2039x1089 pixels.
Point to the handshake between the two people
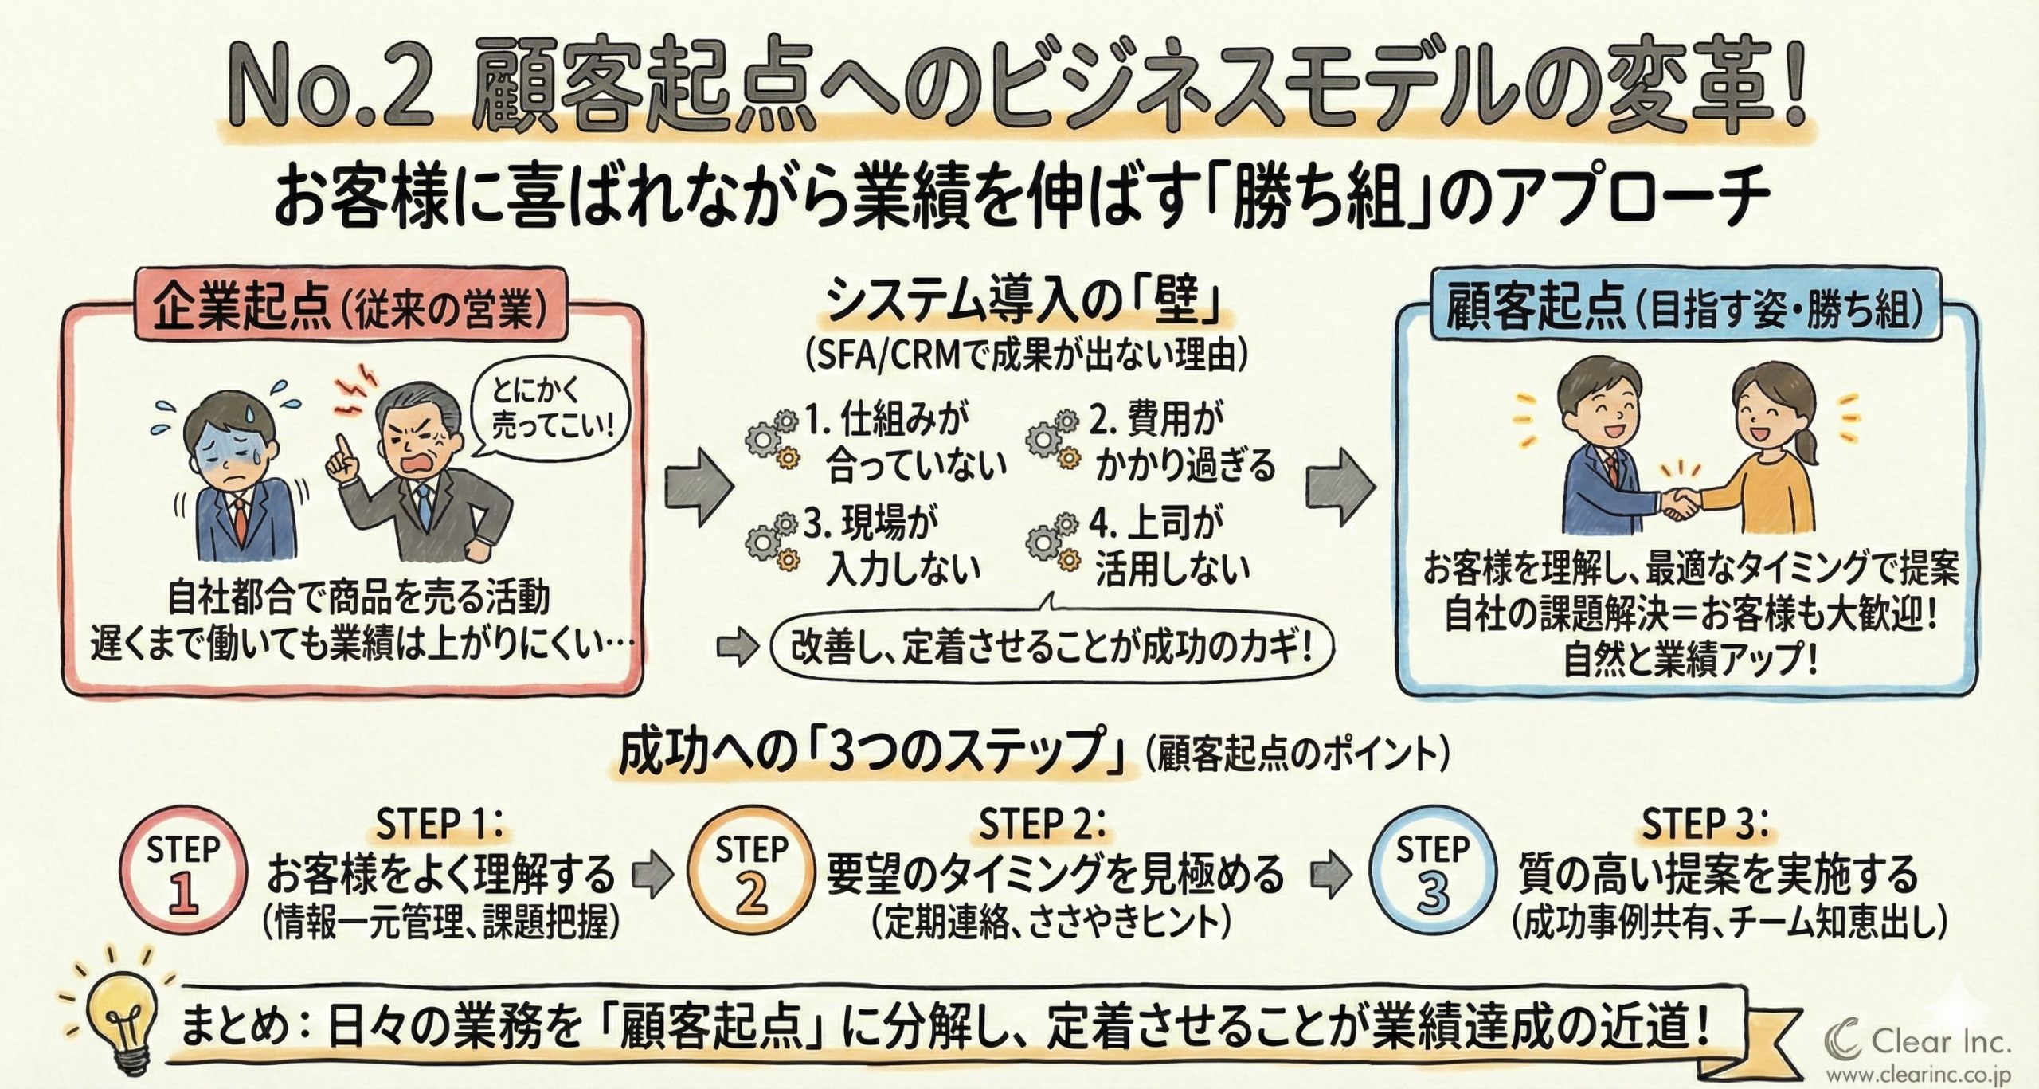point(1681,503)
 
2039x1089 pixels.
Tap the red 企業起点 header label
point(350,308)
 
